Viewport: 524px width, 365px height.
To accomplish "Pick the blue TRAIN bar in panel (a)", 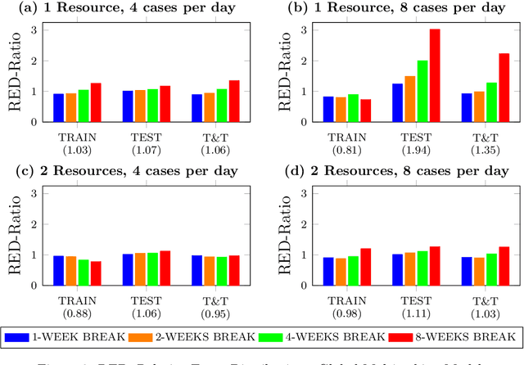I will (58, 107).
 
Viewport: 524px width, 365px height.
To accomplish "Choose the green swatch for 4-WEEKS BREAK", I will (273, 336).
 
